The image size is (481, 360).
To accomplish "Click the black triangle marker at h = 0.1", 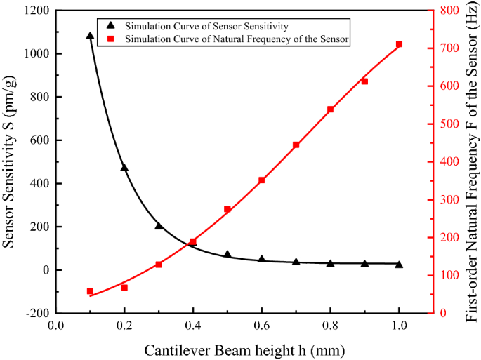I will point(90,35).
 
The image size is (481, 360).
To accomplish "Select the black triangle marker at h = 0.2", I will point(124,168).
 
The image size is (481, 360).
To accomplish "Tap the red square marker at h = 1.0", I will point(399,44).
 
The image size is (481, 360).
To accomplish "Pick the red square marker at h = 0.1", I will point(90,291).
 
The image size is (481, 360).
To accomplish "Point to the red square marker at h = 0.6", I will point(262,180).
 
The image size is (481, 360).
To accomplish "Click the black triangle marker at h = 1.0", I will point(399,265).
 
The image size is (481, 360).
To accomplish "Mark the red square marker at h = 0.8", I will point(330,109).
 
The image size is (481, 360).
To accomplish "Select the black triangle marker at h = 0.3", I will point(159,226).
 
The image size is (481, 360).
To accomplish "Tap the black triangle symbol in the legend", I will point(110,27).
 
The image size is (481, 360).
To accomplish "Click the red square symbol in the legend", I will point(110,39).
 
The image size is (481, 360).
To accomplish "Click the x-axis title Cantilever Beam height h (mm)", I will point(244,349).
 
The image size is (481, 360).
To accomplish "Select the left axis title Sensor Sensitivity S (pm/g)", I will point(10,161).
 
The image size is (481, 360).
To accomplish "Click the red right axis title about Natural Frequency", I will point(470,161).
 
